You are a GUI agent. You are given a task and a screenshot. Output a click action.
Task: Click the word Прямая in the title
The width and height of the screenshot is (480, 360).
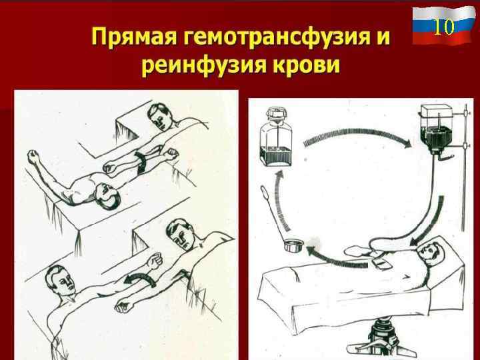pyautogui.click(x=134, y=37)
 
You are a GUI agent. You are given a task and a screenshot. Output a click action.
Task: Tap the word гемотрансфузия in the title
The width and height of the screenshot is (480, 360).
pyautogui.click(x=277, y=37)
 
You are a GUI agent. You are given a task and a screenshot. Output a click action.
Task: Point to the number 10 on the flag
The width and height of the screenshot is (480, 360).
pyautogui.click(x=443, y=26)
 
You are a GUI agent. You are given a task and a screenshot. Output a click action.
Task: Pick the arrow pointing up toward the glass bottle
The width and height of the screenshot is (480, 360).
pyautogui.click(x=282, y=201)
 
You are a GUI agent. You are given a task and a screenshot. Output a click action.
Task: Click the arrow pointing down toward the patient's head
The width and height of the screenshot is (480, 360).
pyautogui.click(x=432, y=219)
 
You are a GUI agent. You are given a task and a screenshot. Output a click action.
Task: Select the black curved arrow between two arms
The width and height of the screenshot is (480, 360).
pyautogui.click(x=140, y=279)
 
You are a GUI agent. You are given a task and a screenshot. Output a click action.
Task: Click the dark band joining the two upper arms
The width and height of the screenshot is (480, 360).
pyautogui.click(x=143, y=161)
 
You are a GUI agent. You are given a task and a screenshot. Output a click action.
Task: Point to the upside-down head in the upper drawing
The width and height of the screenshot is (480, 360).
pyautogui.click(x=107, y=197)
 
